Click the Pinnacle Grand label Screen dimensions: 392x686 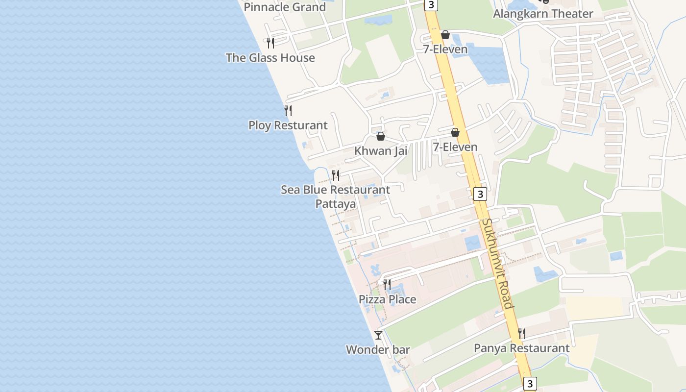pos(285,7)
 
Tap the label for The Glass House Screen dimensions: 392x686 pos(270,58)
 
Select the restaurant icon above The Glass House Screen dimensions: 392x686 pos(270,43)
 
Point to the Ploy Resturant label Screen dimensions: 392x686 pos(288,125)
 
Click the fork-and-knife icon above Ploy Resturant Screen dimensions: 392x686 pos(288,111)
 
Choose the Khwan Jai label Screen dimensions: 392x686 pos(381,151)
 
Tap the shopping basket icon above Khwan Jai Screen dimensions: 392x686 pos(381,136)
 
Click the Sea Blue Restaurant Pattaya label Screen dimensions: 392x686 pos(336,196)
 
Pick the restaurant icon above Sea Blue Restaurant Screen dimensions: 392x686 pos(336,175)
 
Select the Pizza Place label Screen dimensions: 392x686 pos(388,299)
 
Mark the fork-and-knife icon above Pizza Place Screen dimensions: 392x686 pos(387,285)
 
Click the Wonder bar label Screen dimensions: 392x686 pos(378,350)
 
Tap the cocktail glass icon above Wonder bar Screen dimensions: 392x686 pos(378,335)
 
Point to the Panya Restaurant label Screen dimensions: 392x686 pos(522,348)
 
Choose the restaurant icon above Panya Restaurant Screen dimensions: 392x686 pos(522,334)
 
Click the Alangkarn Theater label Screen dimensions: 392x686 pos(543,14)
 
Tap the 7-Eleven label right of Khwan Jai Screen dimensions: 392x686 pos(455,147)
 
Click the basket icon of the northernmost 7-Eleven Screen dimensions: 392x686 pos(445,35)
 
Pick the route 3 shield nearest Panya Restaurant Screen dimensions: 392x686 pos(529,383)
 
